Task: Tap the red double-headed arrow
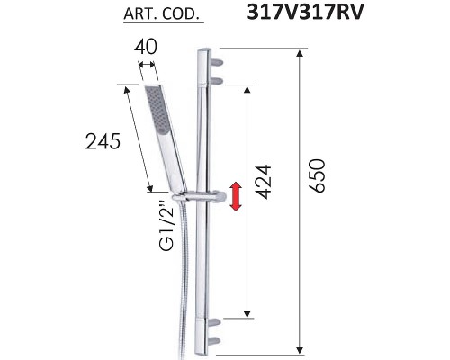click(236, 197)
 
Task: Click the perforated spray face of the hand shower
click(156, 116)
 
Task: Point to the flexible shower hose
click(184, 279)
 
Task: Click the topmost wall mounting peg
click(217, 60)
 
